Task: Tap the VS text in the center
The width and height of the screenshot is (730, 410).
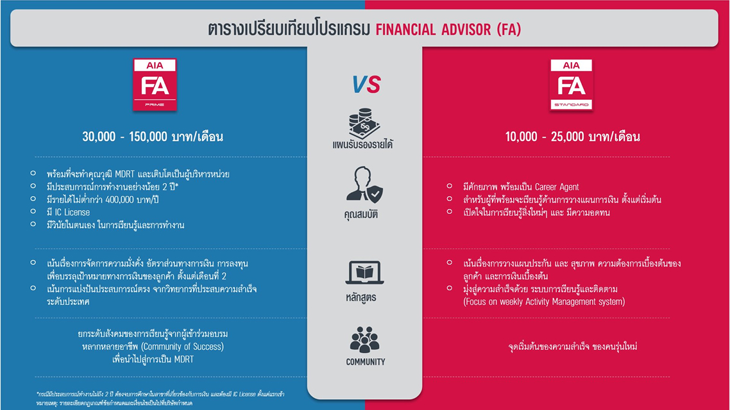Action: (366, 85)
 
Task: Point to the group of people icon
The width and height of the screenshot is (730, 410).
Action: (365, 340)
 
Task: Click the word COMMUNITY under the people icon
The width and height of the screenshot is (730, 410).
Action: (366, 362)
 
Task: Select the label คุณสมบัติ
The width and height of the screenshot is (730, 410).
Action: (361, 215)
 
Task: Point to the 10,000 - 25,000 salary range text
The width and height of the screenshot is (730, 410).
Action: (572, 137)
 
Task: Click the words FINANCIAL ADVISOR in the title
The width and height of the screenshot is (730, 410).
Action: (435, 29)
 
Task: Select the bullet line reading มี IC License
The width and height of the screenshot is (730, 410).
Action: (68, 212)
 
